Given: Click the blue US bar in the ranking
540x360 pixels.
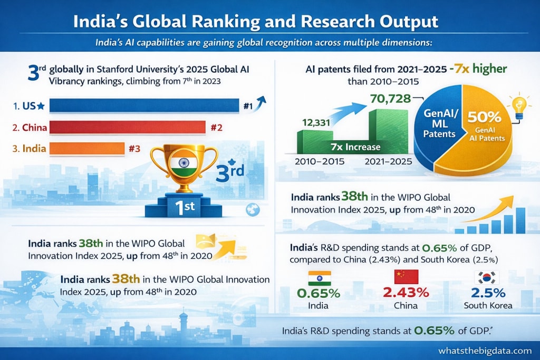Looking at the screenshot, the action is click(144, 105).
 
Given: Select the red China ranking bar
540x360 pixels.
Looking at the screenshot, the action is click(128, 128).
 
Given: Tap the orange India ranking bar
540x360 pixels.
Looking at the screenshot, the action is click(87, 148).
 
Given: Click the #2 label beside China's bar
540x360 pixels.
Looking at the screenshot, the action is click(216, 128).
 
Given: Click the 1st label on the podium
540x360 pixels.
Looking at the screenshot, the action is click(185, 207).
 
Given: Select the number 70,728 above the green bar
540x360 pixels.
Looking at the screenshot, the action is click(391, 99).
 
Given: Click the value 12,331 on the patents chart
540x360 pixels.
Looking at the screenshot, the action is click(316, 122).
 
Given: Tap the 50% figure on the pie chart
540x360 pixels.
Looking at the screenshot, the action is click(484, 118).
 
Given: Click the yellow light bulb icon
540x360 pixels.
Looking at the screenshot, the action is click(519, 107).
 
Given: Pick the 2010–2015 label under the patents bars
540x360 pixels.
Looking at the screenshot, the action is click(320, 161).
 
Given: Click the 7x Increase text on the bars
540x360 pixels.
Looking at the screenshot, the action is click(355, 147).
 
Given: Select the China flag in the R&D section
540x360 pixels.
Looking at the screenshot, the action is click(406, 277).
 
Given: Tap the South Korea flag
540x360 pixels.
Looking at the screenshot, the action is click(487, 277).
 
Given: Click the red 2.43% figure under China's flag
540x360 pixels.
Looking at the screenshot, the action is click(406, 293).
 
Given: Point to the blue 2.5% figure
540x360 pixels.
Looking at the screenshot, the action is click(488, 293).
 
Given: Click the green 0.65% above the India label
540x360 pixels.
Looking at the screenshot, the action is click(319, 293).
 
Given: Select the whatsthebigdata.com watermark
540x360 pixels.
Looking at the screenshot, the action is click(485, 351).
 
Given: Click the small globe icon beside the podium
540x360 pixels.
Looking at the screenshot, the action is click(253, 210).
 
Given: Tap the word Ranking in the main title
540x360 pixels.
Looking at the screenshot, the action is click(226, 21).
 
